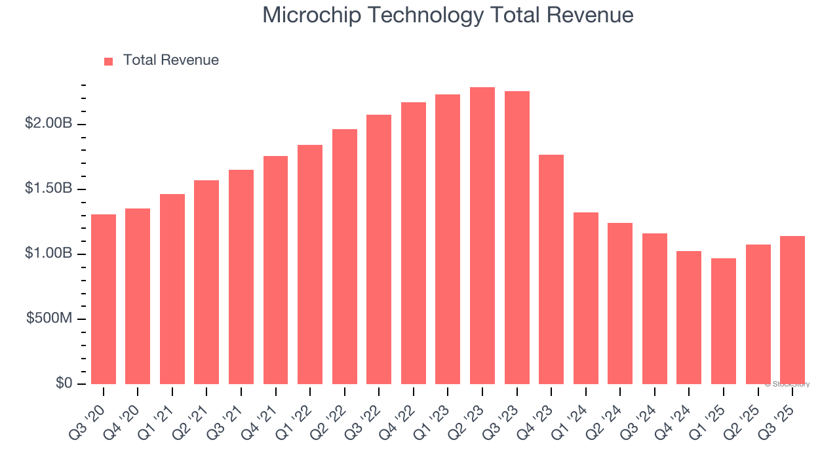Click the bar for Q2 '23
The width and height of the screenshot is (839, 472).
tap(482, 236)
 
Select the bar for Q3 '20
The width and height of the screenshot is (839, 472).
tap(104, 299)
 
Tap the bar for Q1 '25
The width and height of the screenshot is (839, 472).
tap(724, 321)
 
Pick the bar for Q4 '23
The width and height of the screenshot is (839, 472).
tap(551, 269)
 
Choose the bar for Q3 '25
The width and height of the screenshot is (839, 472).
tap(792, 310)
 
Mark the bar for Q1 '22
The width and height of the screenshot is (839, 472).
tap(310, 264)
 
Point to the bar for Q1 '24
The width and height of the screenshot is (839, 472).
tap(586, 298)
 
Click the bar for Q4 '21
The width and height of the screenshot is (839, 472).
tap(275, 270)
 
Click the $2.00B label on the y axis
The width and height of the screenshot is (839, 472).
tap(49, 124)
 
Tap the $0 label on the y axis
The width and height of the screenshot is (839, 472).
tap(64, 383)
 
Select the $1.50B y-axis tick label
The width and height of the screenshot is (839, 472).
tap(49, 189)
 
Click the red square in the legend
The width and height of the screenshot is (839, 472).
tap(109, 61)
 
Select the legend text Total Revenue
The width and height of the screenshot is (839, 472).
tap(170, 60)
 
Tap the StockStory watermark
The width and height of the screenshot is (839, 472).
tap(787, 384)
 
